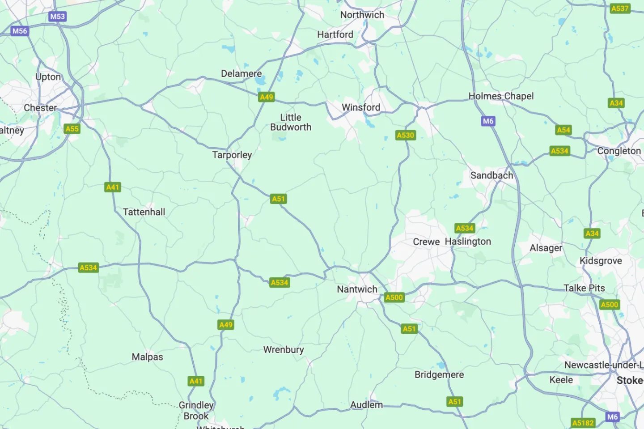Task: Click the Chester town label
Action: coord(40,108)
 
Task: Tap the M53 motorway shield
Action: coord(57,17)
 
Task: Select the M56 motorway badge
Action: coord(20,31)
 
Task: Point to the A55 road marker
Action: coord(72,129)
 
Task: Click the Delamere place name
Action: coord(241,73)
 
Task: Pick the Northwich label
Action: coord(362,15)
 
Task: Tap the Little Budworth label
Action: coord(291,122)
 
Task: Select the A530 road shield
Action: coord(406,135)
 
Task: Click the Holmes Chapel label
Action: coord(501,96)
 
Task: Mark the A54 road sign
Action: coord(563,130)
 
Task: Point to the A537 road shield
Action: coord(620,8)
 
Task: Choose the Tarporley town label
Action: coord(232,155)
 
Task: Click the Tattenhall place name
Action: coord(144,212)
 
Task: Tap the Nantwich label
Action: coord(357,289)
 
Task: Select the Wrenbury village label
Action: coord(284,350)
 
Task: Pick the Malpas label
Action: coord(147,357)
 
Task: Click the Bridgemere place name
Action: coord(439,375)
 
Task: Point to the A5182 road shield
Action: coord(583,423)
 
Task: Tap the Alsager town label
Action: coord(546,248)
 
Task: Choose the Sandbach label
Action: coord(491,175)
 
